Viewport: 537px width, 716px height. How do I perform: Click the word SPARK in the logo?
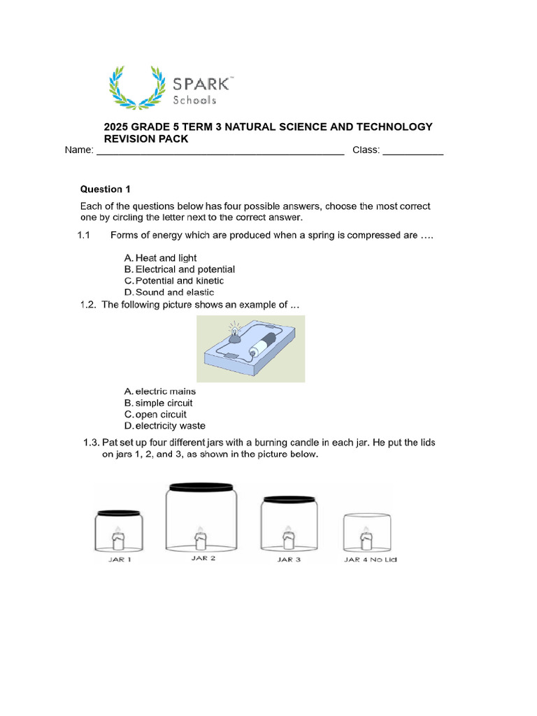[x=202, y=84]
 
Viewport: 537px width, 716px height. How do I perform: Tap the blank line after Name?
[x=220, y=151]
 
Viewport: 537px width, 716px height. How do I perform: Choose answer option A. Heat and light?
[x=161, y=258]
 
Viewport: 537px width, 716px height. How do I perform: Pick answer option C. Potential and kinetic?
[x=174, y=281]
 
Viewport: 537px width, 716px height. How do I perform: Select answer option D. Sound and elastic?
[x=169, y=292]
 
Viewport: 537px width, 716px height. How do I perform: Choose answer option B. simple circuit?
[x=159, y=403]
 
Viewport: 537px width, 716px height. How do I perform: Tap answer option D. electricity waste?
[x=165, y=426]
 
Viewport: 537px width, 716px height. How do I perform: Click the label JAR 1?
[x=120, y=560]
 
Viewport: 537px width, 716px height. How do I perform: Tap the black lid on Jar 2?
[x=200, y=486]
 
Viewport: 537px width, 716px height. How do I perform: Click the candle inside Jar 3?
[x=287, y=538]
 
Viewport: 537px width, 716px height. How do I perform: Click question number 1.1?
[x=84, y=236]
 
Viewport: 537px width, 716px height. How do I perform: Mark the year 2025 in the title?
[x=116, y=127]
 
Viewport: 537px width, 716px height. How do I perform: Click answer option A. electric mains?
[x=160, y=392]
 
